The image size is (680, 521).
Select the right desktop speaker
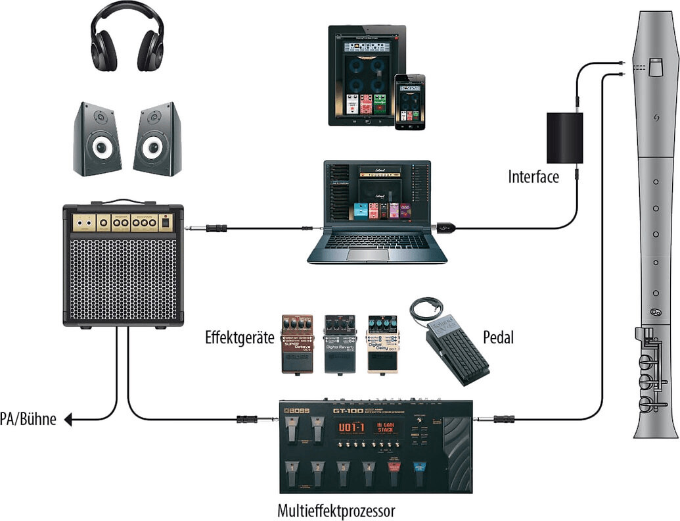158,139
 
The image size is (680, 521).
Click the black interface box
565,137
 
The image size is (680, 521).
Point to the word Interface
533,177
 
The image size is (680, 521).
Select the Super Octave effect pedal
298,343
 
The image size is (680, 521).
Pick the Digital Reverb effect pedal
340,343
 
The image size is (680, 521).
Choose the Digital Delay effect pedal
383,343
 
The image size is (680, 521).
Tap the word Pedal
498,337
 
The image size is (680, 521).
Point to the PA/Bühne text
28,418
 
